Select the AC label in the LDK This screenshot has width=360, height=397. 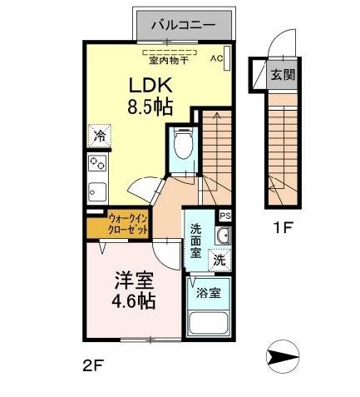click(216, 58)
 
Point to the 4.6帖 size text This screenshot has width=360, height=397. click(133, 301)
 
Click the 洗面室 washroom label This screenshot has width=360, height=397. click(195, 241)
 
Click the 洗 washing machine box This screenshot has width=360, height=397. click(219, 259)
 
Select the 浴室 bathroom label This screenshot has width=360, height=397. click(209, 293)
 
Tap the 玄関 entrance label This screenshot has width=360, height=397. click(281, 75)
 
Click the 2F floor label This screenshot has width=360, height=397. click(93, 365)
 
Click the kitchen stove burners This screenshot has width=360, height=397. click(97, 161)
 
